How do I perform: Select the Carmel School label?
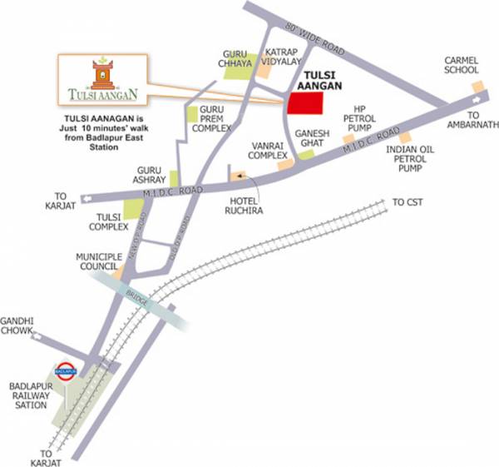tap(462, 67)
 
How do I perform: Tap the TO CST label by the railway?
tap(408, 202)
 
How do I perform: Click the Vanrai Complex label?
tap(269, 150)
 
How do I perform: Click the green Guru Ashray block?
tap(174, 178)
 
